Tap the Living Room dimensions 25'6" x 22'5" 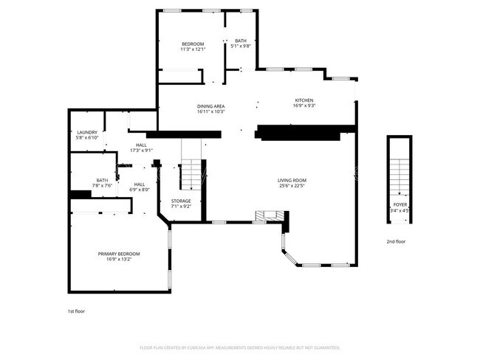point(292,186)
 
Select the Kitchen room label point(304,100)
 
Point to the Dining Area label point(210,106)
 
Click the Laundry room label point(87,133)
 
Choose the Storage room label point(181,201)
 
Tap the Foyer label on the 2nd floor point(400,204)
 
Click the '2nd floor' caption point(395,241)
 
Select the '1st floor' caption point(76,311)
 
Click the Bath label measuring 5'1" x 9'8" point(241,41)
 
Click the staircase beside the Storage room point(192,174)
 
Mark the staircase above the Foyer point(399,167)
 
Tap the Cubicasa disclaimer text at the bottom point(240,347)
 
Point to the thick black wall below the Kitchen point(304,133)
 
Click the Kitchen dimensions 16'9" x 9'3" point(304,106)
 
